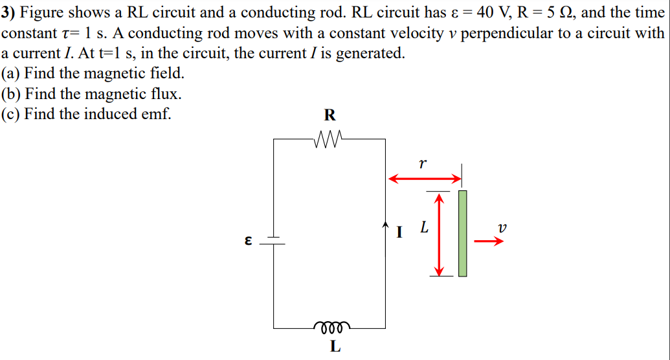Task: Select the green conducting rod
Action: coord(462,233)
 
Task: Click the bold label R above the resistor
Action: coord(329,116)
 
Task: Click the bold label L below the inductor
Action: coord(334,346)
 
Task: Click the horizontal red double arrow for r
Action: coord(424,178)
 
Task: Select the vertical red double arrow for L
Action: coord(440,234)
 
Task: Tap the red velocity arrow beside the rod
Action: coord(489,242)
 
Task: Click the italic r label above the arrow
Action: coord(423,164)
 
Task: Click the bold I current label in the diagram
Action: coord(400,230)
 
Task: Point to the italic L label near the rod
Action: coord(424,228)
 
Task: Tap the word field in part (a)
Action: coord(165,73)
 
